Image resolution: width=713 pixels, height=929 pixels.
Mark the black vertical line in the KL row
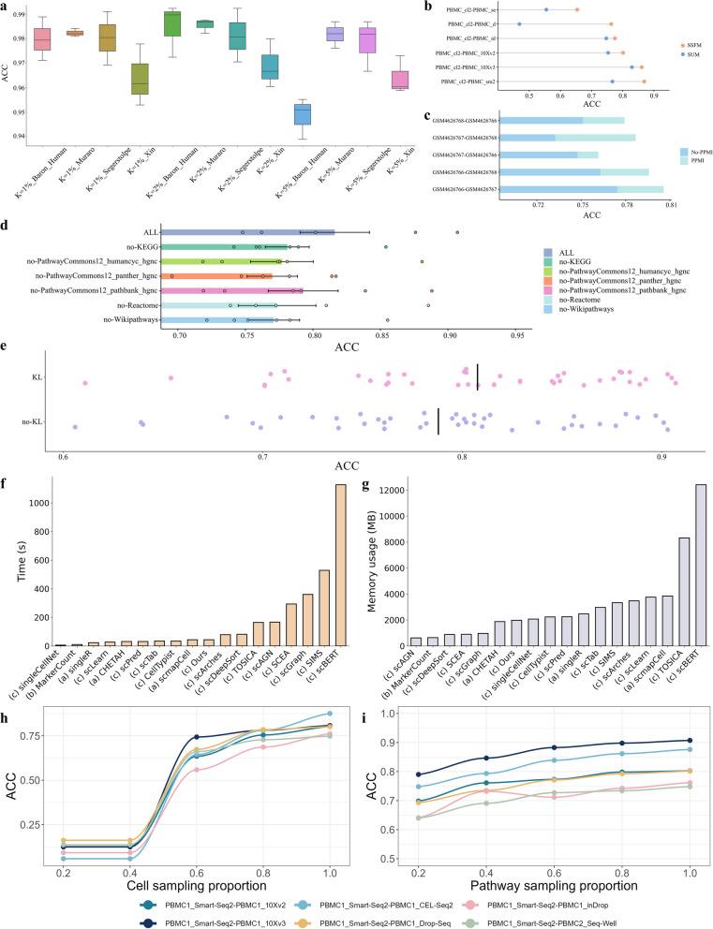click(x=477, y=376)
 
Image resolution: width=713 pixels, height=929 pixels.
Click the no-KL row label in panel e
click(x=35, y=422)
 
